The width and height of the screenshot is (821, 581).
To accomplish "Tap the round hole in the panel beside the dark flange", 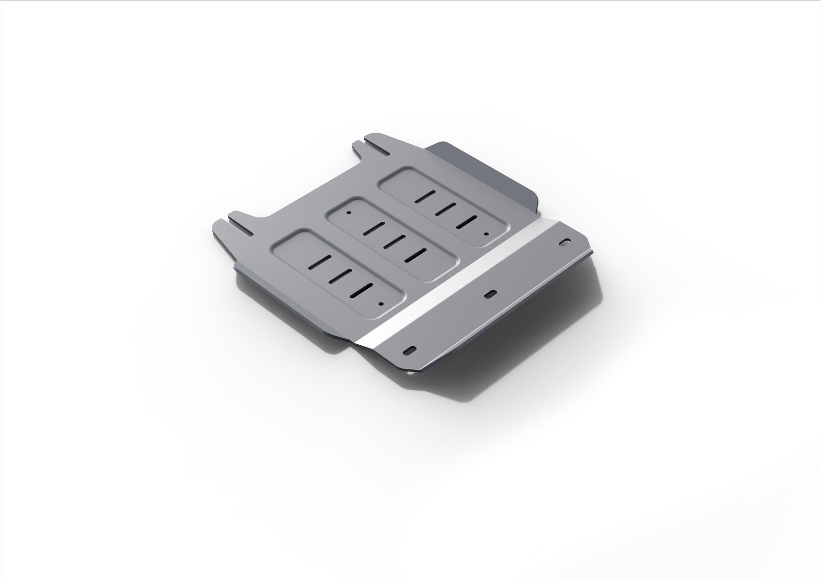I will pyautogui.click(x=486, y=233).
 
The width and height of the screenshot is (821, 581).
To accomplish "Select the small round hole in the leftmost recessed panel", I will pyautogui.click(x=381, y=304).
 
